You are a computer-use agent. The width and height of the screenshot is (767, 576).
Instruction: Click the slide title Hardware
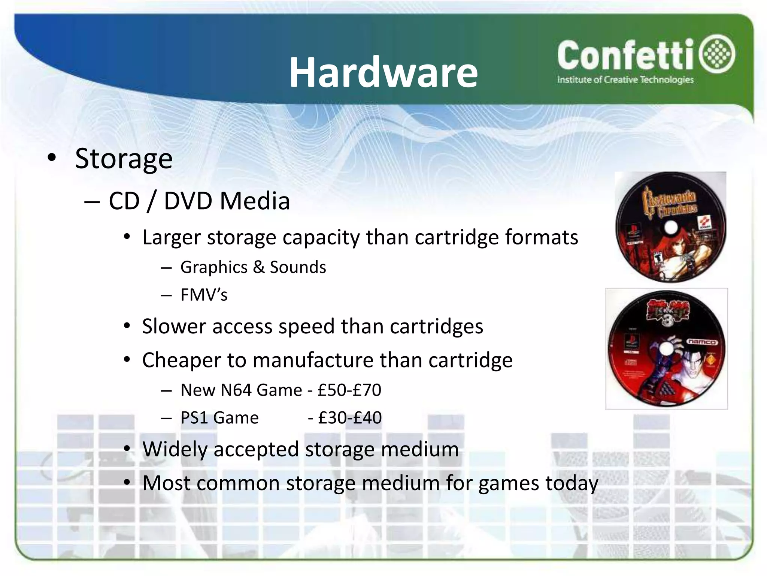tap(383, 72)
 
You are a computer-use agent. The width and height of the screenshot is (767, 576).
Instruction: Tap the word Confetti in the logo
tap(625, 56)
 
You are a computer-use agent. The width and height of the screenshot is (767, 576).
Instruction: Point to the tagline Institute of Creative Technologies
tap(625, 80)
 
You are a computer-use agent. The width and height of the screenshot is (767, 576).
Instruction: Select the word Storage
tap(124, 159)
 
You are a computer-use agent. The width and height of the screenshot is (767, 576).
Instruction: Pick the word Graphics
tap(214, 267)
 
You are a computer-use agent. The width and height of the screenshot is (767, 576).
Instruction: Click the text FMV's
tap(204, 295)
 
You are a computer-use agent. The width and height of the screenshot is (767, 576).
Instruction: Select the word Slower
tap(174, 326)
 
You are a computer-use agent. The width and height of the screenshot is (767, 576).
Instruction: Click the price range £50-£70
tap(349, 390)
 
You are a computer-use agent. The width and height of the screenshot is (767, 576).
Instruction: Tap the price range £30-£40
tap(350, 418)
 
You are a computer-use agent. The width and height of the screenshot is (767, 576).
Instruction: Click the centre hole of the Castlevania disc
tap(671, 227)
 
